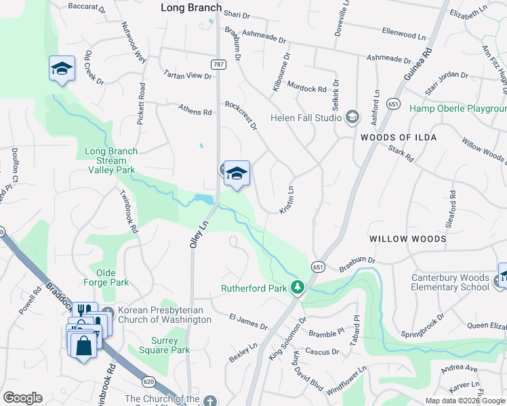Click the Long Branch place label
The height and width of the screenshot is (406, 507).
point(191,7)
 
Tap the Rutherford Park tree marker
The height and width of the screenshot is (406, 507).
point(297,288)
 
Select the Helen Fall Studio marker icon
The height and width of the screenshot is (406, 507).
point(352,118)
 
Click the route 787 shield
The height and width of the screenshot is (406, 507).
point(218,65)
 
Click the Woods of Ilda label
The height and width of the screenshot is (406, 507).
point(398,137)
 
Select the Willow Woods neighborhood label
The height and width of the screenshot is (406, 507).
point(407,239)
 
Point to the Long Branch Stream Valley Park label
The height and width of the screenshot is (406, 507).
point(111,161)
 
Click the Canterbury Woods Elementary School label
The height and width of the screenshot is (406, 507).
point(450,283)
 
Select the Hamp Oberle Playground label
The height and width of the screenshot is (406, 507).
point(458,108)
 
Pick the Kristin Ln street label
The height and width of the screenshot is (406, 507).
point(287,201)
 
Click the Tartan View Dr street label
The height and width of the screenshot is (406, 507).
point(188,75)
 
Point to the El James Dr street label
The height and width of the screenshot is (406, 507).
point(248,321)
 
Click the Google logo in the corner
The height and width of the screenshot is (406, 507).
point(22,397)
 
